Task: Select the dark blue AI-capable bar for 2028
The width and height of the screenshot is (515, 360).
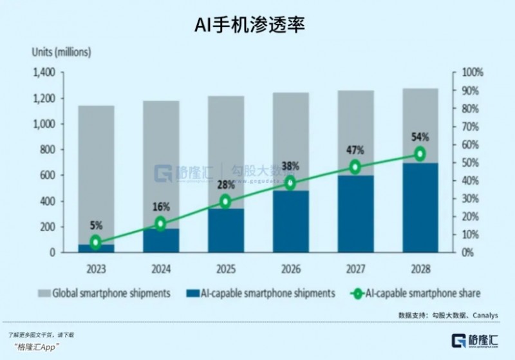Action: (420, 207)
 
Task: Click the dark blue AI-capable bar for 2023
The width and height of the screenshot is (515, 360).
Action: (96, 249)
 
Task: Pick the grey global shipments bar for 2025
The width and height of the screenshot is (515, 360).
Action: (225, 151)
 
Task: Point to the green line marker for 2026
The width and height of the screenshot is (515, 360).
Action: (290, 184)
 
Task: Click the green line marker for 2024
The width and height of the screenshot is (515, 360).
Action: (160, 223)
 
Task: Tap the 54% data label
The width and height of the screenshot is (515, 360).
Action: (420, 137)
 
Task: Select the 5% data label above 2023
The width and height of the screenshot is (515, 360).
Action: (96, 226)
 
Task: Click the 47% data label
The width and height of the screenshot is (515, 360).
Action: (355, 150)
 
